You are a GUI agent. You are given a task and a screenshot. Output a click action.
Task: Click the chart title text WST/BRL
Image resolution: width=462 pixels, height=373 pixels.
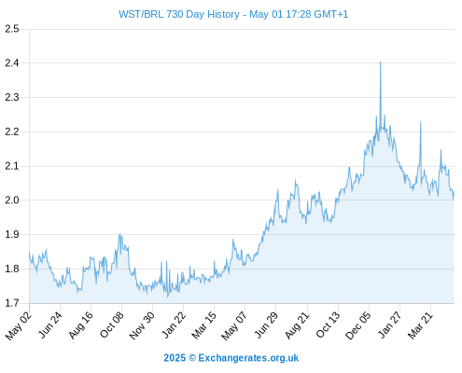click(141, 14)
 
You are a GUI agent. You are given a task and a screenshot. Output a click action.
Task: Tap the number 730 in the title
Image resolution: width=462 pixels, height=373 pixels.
click(175, 14)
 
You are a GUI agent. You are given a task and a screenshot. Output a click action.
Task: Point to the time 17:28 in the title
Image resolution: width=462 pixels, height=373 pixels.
click(299, 14)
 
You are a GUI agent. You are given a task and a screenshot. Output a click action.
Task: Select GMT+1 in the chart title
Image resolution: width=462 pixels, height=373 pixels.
click(331, 14)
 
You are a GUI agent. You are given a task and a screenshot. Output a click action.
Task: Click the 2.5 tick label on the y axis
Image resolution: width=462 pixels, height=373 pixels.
click(12, 29)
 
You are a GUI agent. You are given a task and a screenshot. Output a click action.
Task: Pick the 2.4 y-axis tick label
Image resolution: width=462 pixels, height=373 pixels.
click(12, 63)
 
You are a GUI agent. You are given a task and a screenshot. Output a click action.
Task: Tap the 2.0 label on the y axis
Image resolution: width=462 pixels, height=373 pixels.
click(12, 200)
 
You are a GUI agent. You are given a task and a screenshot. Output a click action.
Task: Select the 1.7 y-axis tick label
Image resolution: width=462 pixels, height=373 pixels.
click(12, 303)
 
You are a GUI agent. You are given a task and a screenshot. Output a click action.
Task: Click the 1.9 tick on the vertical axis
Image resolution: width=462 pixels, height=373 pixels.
click(12, 234)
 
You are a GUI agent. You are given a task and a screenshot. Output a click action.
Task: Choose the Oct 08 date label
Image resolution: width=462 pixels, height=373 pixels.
click(112, 325)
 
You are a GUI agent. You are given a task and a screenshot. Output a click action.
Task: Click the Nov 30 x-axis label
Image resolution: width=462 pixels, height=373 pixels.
click(142, 325)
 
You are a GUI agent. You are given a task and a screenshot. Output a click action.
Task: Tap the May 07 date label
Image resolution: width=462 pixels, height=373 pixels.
click(234, 325)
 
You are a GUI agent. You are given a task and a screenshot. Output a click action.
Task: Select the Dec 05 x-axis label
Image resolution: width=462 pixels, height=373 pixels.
click(358, 325)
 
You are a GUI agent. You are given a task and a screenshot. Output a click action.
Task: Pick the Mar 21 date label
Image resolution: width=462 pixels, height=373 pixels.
click(421, 325)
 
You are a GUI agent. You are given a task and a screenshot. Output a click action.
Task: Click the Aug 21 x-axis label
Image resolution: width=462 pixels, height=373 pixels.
click(298, 325)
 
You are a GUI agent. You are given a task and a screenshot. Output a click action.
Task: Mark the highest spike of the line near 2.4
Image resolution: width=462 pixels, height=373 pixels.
click(380, 62)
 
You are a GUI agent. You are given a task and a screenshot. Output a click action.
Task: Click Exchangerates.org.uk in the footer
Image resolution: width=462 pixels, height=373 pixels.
click(248, 358)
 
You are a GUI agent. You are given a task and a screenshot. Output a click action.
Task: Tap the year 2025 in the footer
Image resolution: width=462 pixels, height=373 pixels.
click(175, 358)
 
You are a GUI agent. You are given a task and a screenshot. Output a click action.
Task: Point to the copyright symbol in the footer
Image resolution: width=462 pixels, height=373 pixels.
click(192, 358)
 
